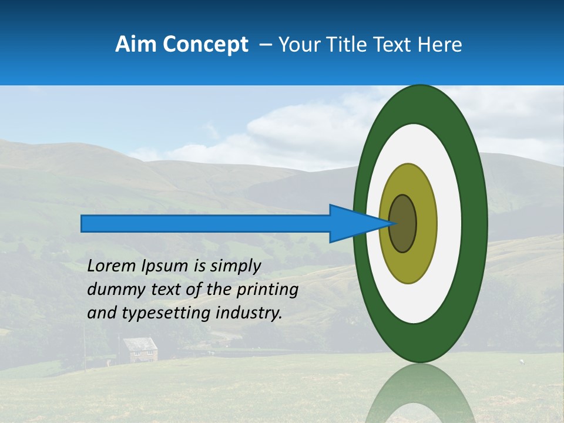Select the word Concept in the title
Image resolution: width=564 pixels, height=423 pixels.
[x=205, y=45]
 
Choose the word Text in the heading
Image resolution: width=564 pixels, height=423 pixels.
[x=395, y=45]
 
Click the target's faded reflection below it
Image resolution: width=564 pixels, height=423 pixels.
[x=419, y=394]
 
